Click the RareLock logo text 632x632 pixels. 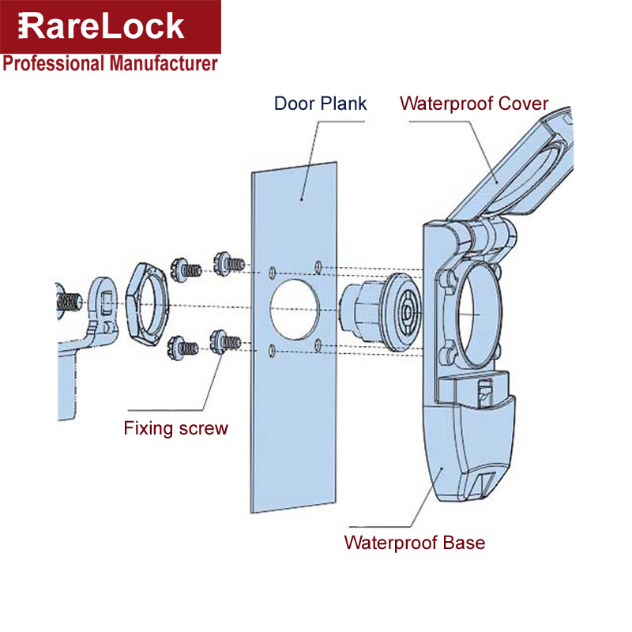[x=101, y=26]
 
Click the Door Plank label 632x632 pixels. [x=320, y=103]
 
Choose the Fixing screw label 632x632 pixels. [x=175, y=429]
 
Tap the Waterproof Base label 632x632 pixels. [x=414, y=543]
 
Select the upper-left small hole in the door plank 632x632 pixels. [x=272, y=272]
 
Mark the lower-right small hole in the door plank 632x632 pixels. [x=318, y=342]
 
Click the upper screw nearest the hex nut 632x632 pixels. [x=184, y=267]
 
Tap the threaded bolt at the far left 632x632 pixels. [x=70, y=301]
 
